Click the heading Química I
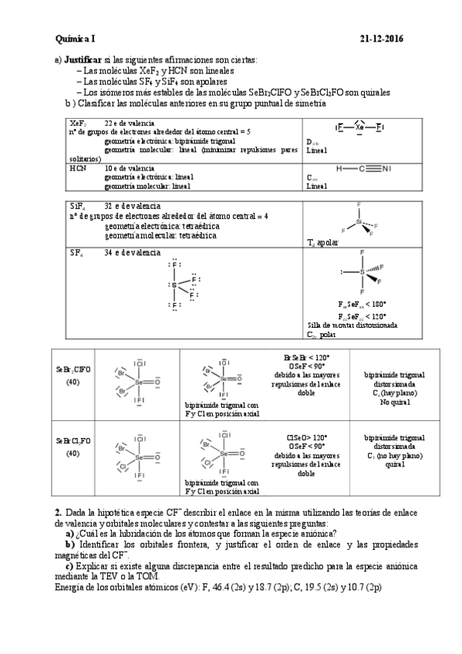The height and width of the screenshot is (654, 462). pyautogui.click(x=75, y=39)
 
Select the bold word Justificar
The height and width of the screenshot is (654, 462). pyautogui.click(x=83, y=59)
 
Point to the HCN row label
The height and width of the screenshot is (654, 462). pyautogui.click(x=77, y=167)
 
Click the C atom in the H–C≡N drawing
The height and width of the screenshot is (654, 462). pyautogui.click(x=363, y=168)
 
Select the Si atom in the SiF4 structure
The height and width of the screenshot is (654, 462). pyautogui.click(x=359, y=221)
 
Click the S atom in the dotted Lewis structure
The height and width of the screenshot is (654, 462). pyautogui.click(x=174, y=285)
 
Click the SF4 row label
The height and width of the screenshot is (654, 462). pyautogui.click(x=76, y=252)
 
